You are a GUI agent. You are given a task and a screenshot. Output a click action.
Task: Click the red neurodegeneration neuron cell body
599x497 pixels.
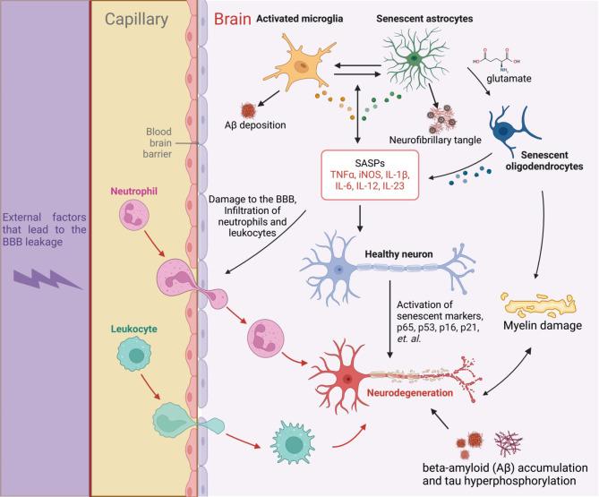(x=355, y=366)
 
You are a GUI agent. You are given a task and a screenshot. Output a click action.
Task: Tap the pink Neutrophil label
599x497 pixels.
(x=134, y=192)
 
